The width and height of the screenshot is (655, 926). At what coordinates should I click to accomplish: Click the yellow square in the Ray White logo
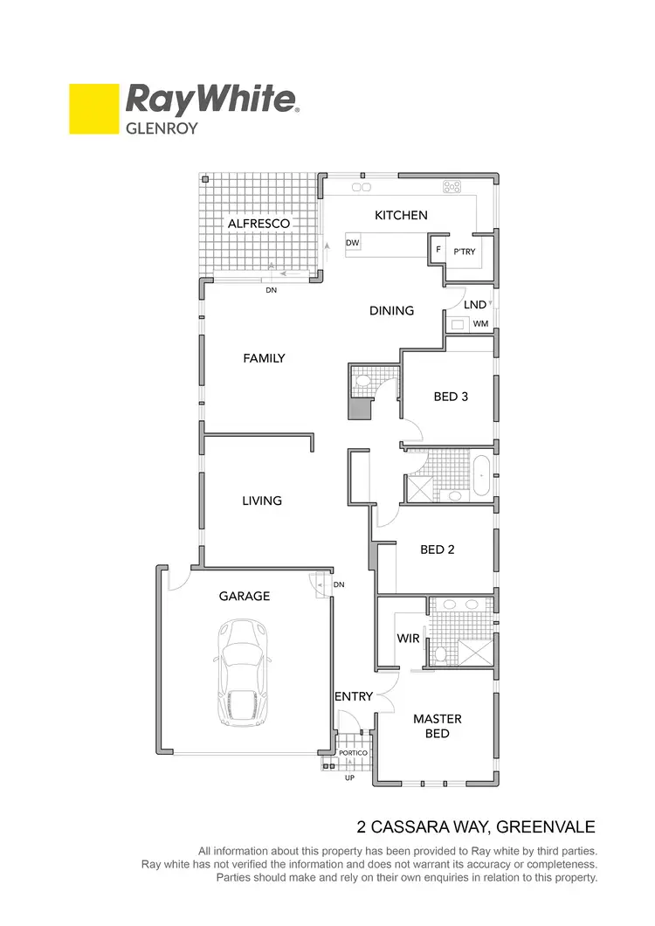(93, 108)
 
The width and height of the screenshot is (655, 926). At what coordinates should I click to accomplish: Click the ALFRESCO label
(259, 224)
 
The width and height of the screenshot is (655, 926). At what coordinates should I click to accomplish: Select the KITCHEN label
(401, 215)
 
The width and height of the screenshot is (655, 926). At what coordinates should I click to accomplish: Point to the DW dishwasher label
(353, 243)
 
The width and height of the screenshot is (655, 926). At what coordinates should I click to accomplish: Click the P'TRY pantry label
(463, 252)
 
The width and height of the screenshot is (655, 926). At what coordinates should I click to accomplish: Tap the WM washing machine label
(479, 324)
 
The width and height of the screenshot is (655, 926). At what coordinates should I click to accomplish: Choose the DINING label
(391, 310)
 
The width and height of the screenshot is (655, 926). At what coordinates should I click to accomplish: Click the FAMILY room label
(264, 358)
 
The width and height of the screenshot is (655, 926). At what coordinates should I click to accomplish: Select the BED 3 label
(452, 397)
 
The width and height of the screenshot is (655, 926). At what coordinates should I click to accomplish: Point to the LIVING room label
(262, 501)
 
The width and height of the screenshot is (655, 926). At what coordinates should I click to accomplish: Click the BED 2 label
(438, 549)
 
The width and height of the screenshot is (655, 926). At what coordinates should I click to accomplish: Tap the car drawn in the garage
(239, 672)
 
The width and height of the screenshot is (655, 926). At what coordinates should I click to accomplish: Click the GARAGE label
(244, 596)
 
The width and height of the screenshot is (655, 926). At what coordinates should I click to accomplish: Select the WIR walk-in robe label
(409, 639)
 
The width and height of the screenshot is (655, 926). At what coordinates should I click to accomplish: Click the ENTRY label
(354, 696)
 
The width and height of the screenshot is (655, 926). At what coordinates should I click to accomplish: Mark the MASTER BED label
(438, 726)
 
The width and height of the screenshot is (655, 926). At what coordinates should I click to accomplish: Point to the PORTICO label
(354, 752)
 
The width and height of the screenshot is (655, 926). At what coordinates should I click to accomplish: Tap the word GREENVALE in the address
(546, 826)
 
